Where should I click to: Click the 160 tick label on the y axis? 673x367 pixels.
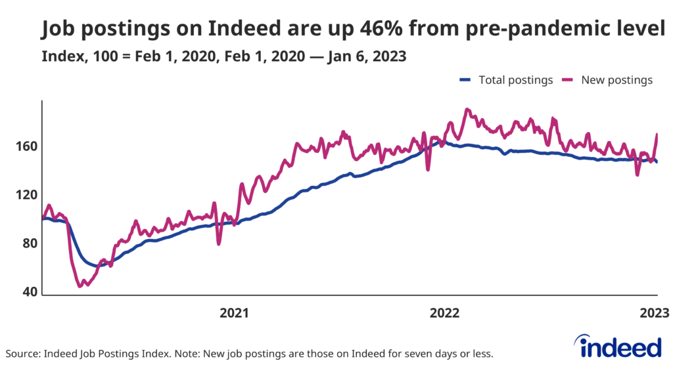pos(27,146)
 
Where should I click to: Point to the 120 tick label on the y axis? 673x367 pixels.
pos(27,194)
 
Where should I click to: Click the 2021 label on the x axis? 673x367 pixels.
pos(234,313)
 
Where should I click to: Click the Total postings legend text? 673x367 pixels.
pos(516,80)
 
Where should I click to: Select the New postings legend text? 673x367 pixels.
pos(616,80)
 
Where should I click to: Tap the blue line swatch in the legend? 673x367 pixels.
pos(465,80)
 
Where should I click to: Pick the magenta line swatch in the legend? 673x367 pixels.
pos(569,80)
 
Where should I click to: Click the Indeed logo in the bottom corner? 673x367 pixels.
pos(617,345)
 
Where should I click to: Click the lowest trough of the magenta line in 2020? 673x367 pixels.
pos(80,286)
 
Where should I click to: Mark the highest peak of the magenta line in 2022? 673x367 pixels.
pos(467,109)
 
